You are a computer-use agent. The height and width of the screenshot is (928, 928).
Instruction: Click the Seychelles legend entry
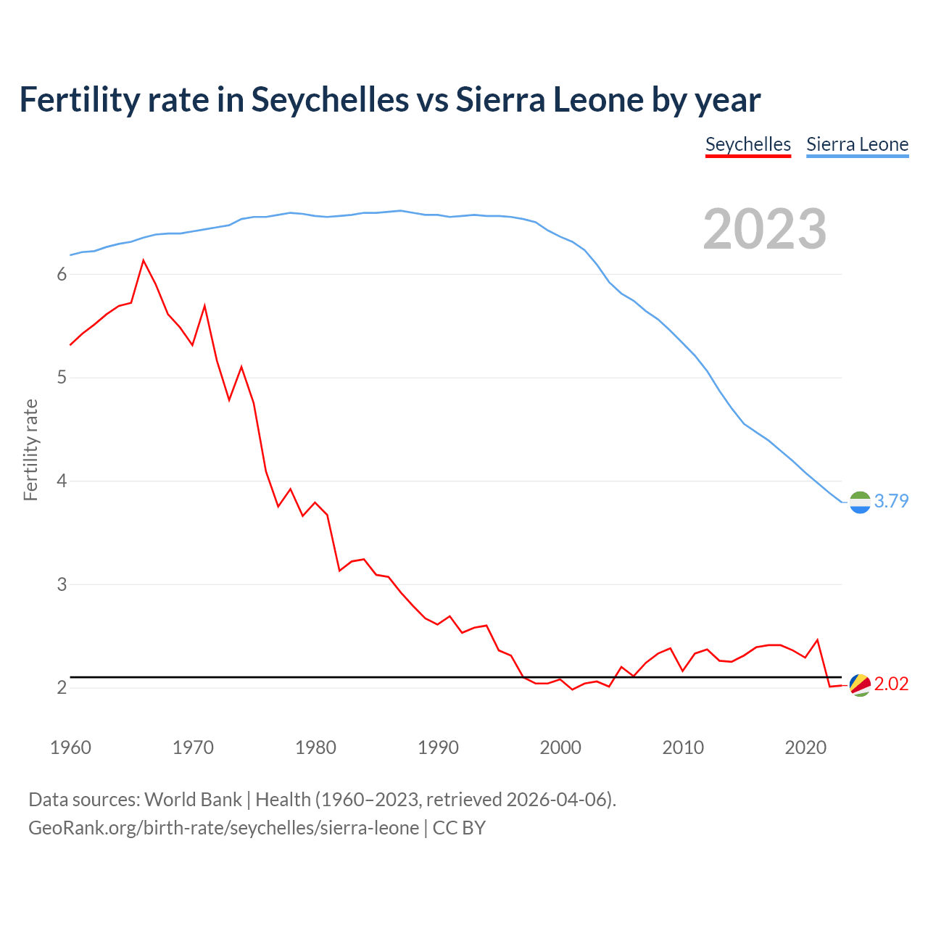tap(747, 144)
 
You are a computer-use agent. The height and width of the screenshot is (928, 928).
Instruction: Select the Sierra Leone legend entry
tap(857, 144)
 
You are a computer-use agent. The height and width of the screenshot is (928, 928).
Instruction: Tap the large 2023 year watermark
tap(765, 229)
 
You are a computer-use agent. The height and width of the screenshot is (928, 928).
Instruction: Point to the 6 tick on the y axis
tap(62, 274)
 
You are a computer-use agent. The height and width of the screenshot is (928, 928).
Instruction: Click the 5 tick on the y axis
tap(62, 378)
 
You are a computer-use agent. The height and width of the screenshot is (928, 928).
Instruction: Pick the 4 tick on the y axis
tap(62, 481)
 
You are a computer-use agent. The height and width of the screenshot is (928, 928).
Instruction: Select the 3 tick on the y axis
tap(62, 584)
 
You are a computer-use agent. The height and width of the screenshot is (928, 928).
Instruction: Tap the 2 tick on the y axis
tap(62, 687)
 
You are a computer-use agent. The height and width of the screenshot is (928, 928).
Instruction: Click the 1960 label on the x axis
tap(70, 747)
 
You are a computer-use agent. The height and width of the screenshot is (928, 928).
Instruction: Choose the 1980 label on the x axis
tap(315, 747)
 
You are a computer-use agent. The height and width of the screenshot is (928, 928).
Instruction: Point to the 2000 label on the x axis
tap(560, 747)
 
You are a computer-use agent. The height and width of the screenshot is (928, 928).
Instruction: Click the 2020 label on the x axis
tap(805, 747)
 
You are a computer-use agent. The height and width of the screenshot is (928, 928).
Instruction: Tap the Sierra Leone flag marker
tap(859, 502)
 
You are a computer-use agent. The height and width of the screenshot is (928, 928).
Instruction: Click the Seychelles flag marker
tap(859, 684)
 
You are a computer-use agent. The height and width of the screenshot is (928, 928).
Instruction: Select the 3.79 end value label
tap(891, 501)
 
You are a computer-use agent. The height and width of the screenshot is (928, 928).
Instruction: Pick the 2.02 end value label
tap(891, 684)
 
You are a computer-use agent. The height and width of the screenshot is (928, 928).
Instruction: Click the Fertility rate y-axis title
tap(30, 449)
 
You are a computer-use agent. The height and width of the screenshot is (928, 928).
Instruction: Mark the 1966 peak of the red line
tap(144, 260)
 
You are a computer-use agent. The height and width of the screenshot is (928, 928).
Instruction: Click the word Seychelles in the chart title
tap(330, 99)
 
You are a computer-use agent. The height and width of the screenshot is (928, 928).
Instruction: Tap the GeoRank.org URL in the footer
tap(223, 828)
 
